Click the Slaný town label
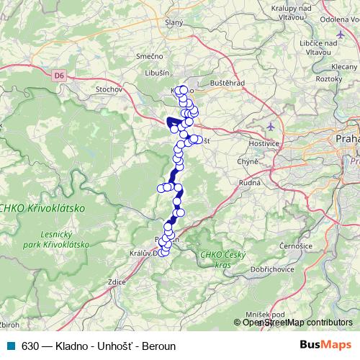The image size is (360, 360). (174, 23)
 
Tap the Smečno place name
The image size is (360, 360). (148, 55)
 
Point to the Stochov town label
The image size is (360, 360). (109, 91)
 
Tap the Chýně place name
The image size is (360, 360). (248, 162)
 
